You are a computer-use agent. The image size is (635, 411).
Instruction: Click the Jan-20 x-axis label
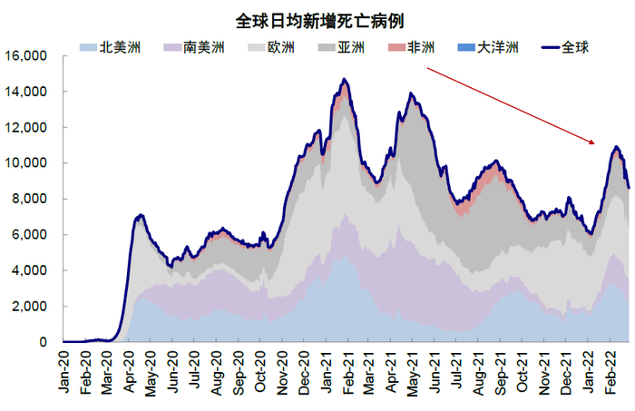[64, 371]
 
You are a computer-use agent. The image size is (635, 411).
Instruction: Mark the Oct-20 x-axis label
[259, 371]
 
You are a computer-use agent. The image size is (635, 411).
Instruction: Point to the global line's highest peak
[345, 80]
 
